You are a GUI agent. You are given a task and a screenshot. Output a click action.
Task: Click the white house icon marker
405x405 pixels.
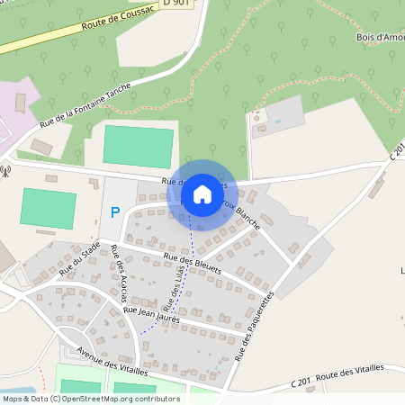(202, 194)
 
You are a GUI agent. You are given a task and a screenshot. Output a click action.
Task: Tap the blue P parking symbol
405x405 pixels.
(114, 213)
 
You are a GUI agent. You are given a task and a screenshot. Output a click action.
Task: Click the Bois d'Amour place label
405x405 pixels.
(379, 38)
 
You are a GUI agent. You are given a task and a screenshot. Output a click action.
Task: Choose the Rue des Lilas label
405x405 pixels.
(179, 292)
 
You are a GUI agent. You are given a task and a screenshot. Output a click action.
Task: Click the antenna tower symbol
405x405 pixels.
(6, 169)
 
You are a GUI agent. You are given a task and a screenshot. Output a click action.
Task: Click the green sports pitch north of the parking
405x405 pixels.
(139, 144)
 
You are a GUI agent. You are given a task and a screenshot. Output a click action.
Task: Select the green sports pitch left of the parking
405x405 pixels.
(48, 207)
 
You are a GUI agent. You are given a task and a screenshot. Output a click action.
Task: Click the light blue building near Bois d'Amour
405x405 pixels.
(283, 114)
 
